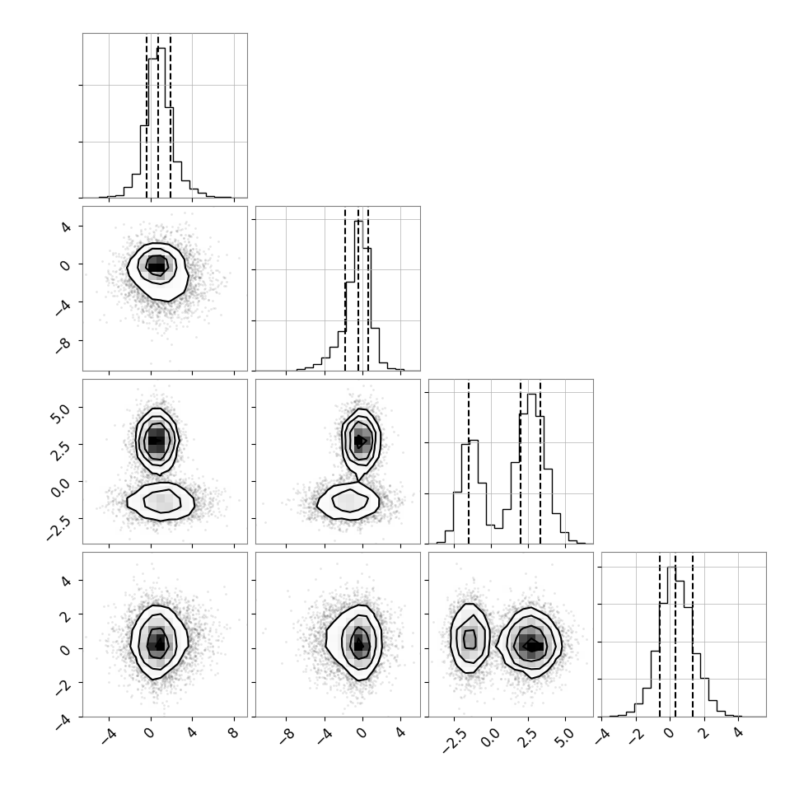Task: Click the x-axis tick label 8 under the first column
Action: (234, 733)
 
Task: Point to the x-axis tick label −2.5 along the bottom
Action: (453, 740)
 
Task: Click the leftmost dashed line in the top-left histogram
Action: (147, 116)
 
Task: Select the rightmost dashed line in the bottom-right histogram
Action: (693, 635)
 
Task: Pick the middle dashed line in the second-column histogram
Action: (358, 289)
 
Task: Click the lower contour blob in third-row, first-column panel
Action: (161, 502)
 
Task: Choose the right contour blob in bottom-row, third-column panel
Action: (530, 643)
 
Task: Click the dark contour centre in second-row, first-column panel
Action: (157, 265)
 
